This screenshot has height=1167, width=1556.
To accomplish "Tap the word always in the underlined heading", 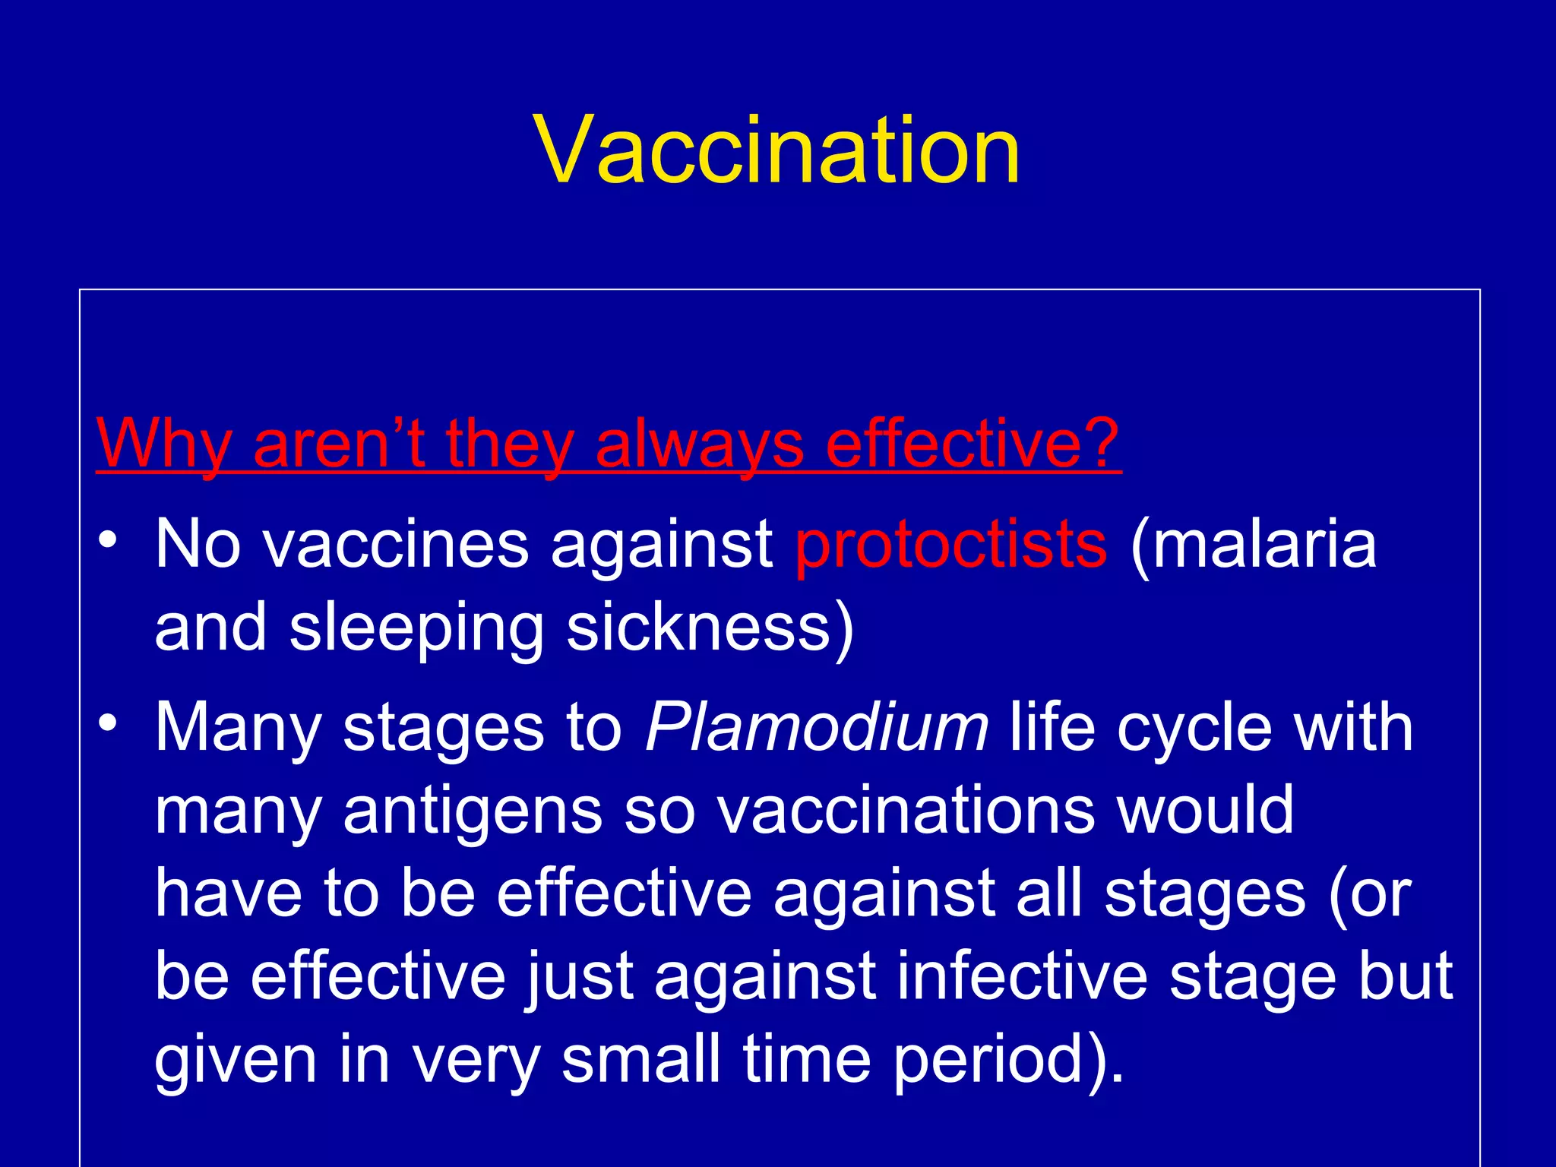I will coord(699,444).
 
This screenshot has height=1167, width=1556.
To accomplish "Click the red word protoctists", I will coord(951,544).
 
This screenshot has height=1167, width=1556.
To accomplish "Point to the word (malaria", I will coord(1254,544).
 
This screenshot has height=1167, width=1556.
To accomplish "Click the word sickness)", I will coord(710,628).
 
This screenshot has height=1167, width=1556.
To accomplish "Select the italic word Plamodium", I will coord(817,727).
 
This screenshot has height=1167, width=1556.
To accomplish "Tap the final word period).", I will coord(1007,1061).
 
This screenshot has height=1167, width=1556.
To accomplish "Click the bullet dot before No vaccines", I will coord(108,540).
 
